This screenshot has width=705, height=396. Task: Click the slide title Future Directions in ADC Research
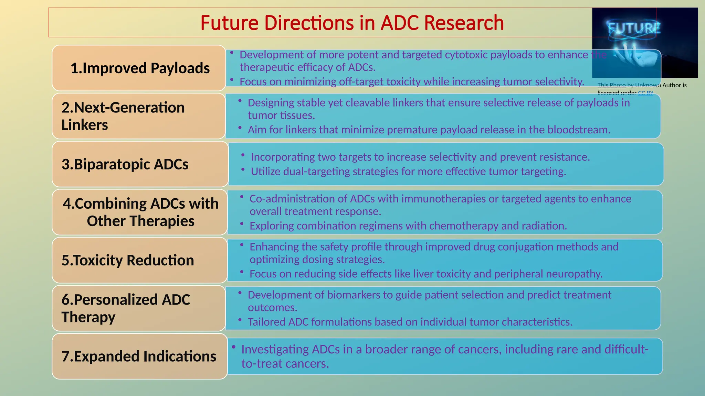tap(352, 23)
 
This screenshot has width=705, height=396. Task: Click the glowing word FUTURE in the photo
tap(634, 28)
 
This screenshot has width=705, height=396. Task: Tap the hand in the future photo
tap(637, 57)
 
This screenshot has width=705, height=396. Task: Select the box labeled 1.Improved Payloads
tap(139, 68)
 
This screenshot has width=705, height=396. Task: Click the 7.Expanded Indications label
tap(139, 356)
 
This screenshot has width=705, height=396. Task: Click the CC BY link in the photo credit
tap(645, 93)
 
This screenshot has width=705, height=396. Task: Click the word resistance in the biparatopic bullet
tap(565, 157)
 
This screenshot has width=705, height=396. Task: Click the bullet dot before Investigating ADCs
tap(233, 347)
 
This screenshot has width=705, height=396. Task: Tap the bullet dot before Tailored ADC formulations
tap(240, 320)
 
